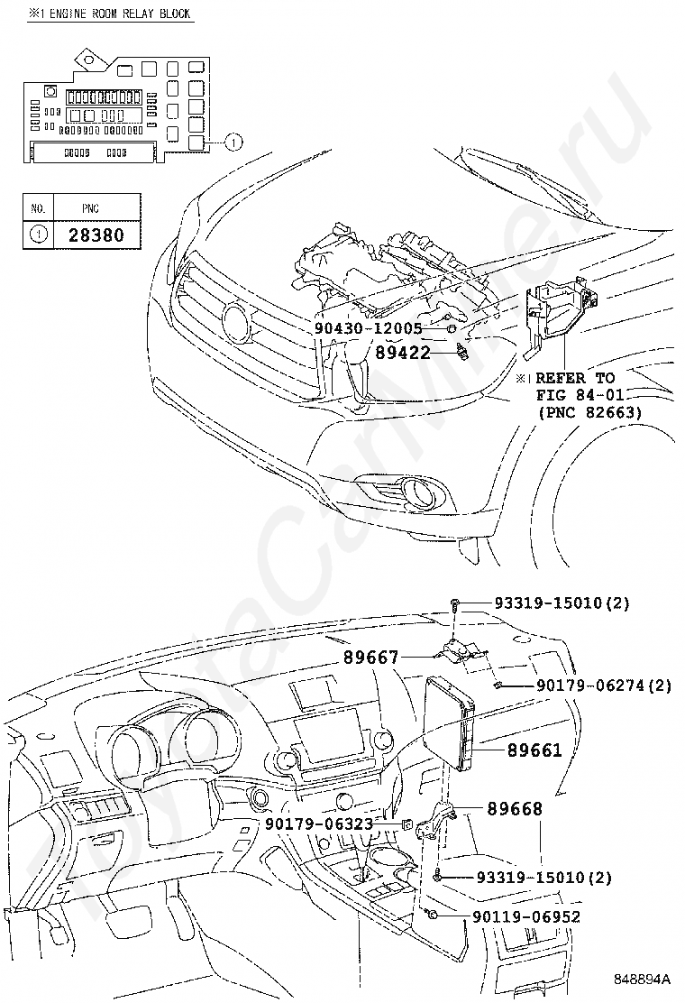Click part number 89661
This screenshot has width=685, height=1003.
tap(534, 750)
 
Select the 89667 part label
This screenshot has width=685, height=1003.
tap(370, 658)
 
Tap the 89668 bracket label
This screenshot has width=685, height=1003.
tap(515, 809)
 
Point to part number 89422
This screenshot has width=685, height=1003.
tap(403, 353)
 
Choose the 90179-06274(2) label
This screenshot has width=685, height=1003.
tap(604, 686)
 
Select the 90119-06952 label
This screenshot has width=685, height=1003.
tap(525, 916)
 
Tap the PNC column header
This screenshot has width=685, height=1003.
tap(90, 208)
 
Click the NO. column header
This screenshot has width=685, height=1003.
tap(38, 208)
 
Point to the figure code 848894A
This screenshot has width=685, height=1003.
tap(643, 979)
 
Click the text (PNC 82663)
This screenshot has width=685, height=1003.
tap(589, 412)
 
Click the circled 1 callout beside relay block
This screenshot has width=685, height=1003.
tap(233, 142)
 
